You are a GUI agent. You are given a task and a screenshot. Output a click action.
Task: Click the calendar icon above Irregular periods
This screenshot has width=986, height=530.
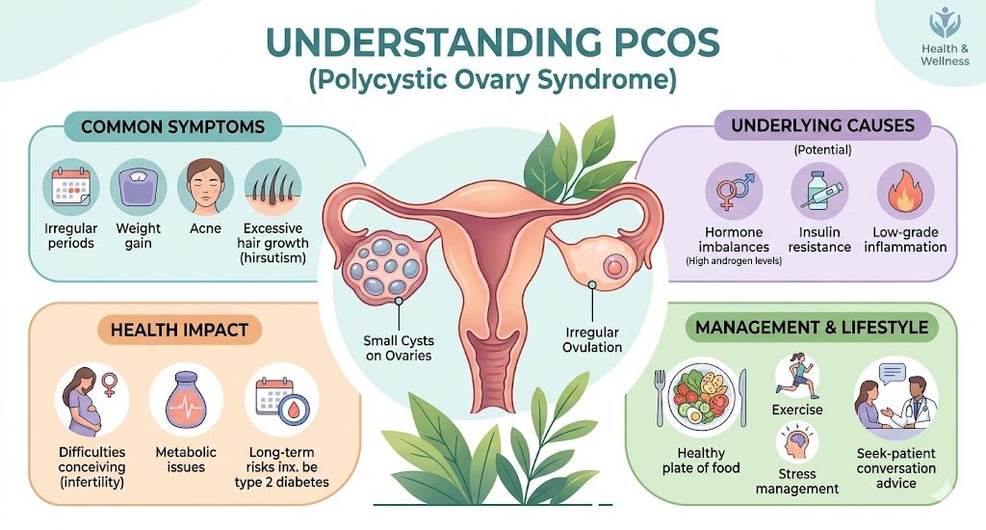(70, 187)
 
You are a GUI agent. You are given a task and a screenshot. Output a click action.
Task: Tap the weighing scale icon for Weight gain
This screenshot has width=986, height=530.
(138, 187)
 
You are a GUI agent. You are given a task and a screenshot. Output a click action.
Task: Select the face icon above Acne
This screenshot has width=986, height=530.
(205, 187)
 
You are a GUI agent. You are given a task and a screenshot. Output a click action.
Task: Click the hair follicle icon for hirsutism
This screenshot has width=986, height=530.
(272, 187)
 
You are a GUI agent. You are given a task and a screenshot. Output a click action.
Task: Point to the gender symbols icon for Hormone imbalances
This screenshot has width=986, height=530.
(734, 191)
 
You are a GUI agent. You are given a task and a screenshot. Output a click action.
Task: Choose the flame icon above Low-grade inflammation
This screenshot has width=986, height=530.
(905, 191)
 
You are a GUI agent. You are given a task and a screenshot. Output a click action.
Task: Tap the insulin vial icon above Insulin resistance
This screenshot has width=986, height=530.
(819, 191)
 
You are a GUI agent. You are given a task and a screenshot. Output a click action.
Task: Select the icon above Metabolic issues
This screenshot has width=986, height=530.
(186, 400)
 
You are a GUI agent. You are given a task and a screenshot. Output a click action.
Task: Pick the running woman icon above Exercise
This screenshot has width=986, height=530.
(796, 376)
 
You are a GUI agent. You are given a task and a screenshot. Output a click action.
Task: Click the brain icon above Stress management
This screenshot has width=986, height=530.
(796, 443)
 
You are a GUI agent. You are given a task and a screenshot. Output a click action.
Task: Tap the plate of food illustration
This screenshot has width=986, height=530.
(701, 398)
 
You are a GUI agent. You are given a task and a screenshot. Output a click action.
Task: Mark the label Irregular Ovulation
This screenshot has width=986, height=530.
(592, 340)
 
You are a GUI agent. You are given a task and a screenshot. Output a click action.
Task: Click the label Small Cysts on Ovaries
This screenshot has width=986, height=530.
(399, 348)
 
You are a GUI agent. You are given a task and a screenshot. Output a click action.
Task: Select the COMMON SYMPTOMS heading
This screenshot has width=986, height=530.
(173, 126)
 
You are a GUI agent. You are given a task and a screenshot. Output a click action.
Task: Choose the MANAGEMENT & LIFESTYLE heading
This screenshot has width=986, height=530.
(812, 328)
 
